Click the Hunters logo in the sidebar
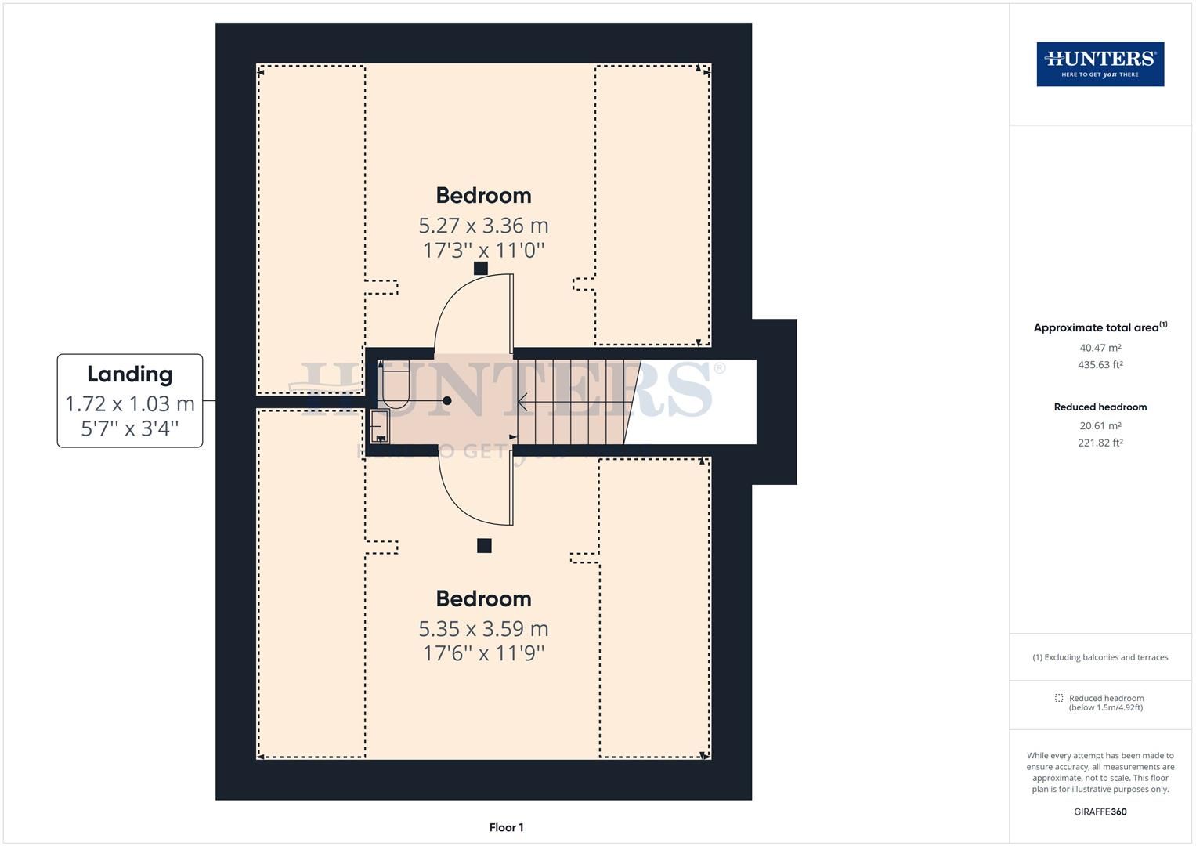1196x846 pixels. tap(1100, 64)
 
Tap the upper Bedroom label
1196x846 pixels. tap(483, 195)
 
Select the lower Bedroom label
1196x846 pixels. tap(483, 598)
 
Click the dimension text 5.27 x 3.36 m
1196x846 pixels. tap(483, 226)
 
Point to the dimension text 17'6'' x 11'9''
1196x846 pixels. tap(483, 653)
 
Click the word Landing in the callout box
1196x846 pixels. tap(129, 374)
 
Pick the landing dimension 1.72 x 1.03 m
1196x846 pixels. tap(129, 404)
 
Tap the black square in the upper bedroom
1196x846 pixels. tap(481, 268)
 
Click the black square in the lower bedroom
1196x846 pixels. tap(484, 546)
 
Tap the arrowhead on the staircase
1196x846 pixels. tap(521, 401)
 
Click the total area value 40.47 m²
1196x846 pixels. tap(1100, 348)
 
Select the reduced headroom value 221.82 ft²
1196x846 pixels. tap(1100, 443)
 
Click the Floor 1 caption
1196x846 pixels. tap(506, 827)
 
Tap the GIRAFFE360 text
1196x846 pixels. tap(1100, 812)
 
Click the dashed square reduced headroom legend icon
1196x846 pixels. tap(1059, 698)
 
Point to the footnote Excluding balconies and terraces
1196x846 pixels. tap(1100, 657)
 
